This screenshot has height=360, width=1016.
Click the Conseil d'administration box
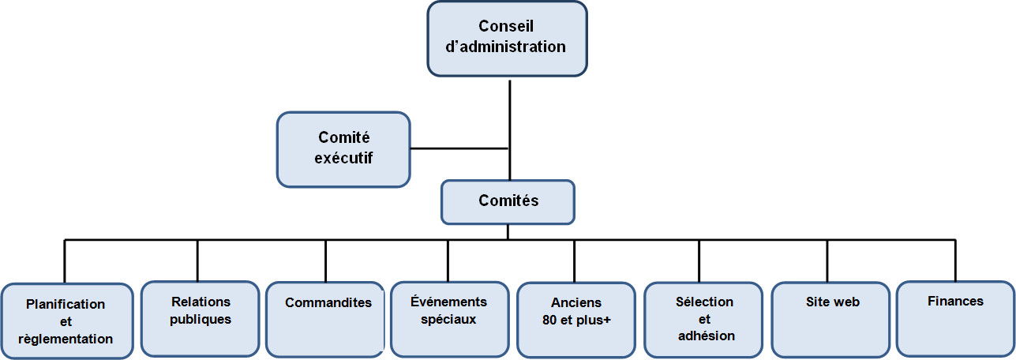point(507,39)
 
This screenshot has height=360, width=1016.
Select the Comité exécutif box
point(343,149)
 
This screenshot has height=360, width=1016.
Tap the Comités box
point(508,201)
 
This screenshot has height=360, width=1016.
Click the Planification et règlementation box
point(66,321)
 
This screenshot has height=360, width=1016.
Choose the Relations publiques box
point(200,318)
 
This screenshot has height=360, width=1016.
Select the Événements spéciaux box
point(448,318)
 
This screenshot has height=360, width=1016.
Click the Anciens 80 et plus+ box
point(575,320)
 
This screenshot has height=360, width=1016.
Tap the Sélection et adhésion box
point(704,319)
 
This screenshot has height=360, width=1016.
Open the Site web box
point(832,318)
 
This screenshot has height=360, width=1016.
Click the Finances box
point(955,318)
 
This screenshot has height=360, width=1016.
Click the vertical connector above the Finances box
point(955,260)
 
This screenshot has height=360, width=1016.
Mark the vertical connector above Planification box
point(65,261)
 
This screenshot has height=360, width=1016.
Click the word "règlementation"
point(66,339)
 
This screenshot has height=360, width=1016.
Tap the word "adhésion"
point(706,336)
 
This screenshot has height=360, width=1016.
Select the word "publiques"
point(201,320)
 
